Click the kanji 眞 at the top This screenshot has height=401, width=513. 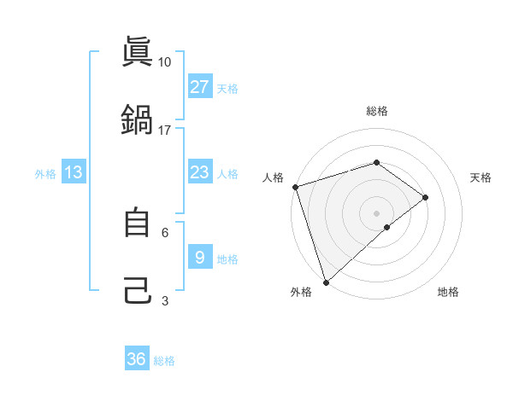pyautogui.click(x=137, y=52)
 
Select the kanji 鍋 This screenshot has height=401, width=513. pyautogui.click(x=137, y=119)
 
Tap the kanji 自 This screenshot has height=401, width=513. pyautogui.click(x=137, y=223)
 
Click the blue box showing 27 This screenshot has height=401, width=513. pyautogui.click(x=199, y=86)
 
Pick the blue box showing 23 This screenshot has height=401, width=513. pyautogui.click(x=199, y=172)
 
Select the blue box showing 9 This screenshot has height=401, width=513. pyautogui.click(x=199, y=257)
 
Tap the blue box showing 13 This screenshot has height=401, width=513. pyautogui.click(x=74, y=172)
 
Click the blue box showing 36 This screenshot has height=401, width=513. pyautogui.click(x=137, y=359)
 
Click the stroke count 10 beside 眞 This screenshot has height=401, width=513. pyautogui.click(x=165, y=62)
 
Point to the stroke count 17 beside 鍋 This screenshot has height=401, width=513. pyautogui.click(x=165, y=131)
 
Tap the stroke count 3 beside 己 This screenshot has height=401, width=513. pyautogui.click(x=165, y=300)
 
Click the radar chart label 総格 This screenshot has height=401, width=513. pyautogui.click(x=377, y=111)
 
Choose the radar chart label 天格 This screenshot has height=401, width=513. pyautogui.click(x=481, y=177)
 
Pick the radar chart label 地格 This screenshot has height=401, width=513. pyautogui.click(x=448, y=292)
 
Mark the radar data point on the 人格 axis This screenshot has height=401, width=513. pyautogui.click(x=295, y=187)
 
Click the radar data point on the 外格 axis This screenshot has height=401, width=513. pyautogui.click(x=326, y=282)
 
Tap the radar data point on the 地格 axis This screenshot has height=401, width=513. pyautogui.click(x=387, y=227)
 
